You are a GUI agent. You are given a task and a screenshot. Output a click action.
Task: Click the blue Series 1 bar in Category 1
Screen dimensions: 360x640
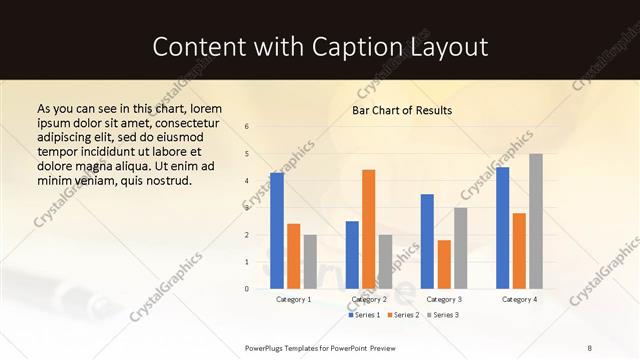(x=277, y=231)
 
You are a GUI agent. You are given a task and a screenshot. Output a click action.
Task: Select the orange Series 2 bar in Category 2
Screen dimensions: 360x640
(x=368, y=229)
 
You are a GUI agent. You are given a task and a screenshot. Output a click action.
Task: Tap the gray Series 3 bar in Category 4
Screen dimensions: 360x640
(x=536, y=221)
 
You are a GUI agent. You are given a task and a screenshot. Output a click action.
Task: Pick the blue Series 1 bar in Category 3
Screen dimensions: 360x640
(x=427, y=241)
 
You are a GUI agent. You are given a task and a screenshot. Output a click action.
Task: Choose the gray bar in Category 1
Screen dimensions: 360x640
(x=310, y=261)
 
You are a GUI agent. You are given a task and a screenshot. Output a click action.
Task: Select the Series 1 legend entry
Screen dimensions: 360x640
(x=363, y=315)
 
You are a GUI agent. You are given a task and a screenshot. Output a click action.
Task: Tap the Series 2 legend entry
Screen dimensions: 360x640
(x=402, y=315)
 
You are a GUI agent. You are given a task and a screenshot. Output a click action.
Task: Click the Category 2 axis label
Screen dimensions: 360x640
(x=369, y=299)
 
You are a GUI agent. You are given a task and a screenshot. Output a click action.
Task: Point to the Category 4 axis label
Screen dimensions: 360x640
(x=519, y=299)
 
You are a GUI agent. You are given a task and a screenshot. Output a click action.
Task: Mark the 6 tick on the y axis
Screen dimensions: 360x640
(x=247, y=126)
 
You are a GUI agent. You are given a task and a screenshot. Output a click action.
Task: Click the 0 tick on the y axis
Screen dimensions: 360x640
(x=247, y=289)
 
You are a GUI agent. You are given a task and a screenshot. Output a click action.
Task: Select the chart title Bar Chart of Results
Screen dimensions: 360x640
(x=402, y=110)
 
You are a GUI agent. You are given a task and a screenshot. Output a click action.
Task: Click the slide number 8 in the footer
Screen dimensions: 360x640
(x=589, y=347)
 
